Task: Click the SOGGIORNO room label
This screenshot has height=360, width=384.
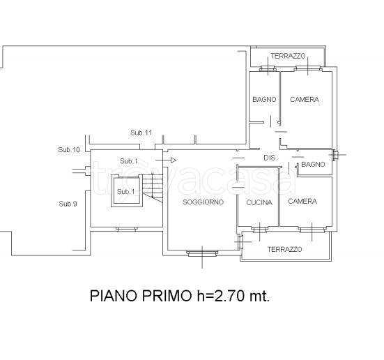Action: [203, 202]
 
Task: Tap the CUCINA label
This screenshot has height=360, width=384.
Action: [259, 202]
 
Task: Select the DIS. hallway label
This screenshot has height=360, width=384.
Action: [270, 158]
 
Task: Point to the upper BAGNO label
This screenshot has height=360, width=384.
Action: [264, 99]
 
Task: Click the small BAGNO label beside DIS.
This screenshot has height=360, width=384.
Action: [313, 165]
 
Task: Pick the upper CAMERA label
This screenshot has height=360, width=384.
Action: [305, 99]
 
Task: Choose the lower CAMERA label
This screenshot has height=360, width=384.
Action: [302, 202]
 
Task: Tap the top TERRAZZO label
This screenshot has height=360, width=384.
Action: [288, 56]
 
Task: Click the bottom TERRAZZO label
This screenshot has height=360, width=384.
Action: [284, 249]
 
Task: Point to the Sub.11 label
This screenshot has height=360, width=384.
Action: [141, 133]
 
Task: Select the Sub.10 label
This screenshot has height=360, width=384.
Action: [69, 149]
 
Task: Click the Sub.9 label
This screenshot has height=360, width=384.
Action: [68, 204]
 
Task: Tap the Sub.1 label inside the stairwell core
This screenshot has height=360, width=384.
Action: [125, 192]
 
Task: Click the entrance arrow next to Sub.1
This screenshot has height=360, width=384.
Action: [166, 160]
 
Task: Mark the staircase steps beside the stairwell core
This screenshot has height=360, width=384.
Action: [153, 188]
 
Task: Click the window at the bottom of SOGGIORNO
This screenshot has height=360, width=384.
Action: [202, 253]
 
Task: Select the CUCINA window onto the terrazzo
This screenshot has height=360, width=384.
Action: [259, 230]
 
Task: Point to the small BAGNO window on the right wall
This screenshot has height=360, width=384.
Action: [335, 155]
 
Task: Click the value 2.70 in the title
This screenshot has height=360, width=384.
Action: [229, 296]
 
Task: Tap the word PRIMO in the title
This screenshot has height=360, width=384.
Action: [167, 296]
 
